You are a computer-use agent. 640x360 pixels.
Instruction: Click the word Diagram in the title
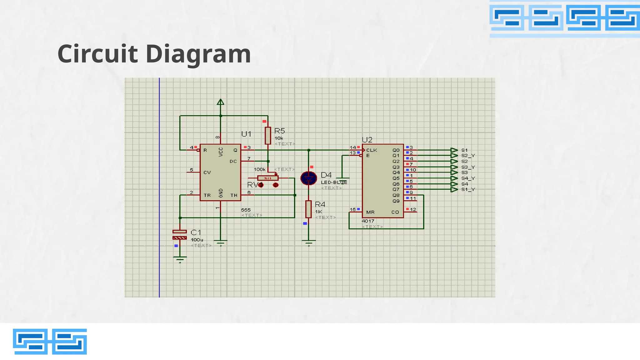pyautogui.click(x=198, y=54)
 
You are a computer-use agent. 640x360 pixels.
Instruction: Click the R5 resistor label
pyautogui.click(x=279, y=131)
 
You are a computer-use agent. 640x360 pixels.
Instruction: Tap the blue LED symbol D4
pyautogui.click(x=309, y=178)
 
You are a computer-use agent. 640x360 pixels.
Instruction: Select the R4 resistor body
pyautogui.click(x=308, y=209)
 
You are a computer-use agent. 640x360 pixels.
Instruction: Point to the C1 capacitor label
pyautogui.click(x=196, y=232)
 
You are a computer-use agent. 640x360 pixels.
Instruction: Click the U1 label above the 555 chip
pyautogui.click(x=246, y=134)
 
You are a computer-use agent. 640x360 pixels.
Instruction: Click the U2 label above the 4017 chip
pyautogui.click(x=367, y=140)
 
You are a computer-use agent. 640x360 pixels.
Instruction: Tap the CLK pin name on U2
pyautogui.click(x=372, y=150)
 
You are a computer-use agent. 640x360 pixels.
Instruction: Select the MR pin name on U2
pyautogui.click(x=370, y=212)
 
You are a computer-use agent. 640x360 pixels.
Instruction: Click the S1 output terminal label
pyautogui.click(x=464, y=150)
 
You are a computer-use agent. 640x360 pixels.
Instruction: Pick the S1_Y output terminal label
pyautogui.click(x=468, y=189)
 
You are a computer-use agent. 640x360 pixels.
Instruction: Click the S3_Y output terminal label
pyautogui.click(x=468, y=167)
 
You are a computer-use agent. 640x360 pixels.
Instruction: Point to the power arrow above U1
pyautogui.click(x=220, y=102)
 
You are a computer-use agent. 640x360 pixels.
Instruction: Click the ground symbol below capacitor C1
pyautogui.click(x=180, y=259)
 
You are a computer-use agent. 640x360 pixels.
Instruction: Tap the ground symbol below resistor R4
pyautogui.click(x=309, y=242)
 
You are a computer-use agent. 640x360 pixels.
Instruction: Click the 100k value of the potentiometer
pyautogui.click(x=259, y=169)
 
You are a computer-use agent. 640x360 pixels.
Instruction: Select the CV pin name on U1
pyautogui.click(x=207, y=172)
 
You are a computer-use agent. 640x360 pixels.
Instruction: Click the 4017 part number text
pyautogui.click(x=368, y=221)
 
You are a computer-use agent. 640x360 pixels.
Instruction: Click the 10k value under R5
pyautogui.click(x=278, y=138)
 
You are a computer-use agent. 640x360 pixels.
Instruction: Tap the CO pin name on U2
pyautogui.click(x=395, y=212)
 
